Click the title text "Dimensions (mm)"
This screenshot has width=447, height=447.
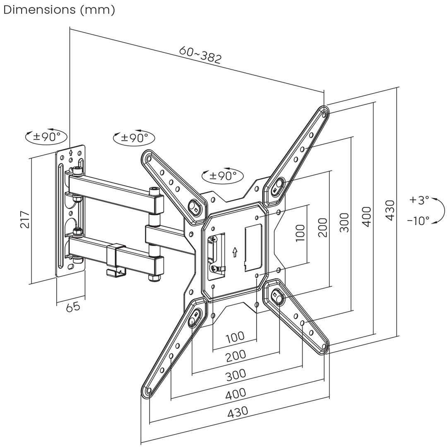coord(59,10)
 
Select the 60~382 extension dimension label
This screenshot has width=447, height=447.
coord(200,54)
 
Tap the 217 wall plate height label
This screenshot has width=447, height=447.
coord(25,219)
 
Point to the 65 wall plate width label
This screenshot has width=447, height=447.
coord(73,307)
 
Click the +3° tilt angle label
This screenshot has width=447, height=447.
coord(419,200)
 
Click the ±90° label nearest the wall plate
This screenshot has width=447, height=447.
coord(46,136)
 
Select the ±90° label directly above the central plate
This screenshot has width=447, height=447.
coord(223,176)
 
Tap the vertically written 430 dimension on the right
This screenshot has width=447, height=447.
coord(389,210)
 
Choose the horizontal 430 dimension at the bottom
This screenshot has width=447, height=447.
coord(238,412)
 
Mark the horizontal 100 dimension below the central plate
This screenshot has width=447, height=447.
coord(235,337)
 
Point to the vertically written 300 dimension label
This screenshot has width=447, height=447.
coord(344,222)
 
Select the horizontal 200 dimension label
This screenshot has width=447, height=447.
coord(236,356)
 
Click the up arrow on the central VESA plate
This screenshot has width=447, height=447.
coord(235,252)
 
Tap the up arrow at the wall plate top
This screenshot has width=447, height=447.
coord(71,152)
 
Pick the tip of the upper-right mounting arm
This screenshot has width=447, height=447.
coord(323,111)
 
